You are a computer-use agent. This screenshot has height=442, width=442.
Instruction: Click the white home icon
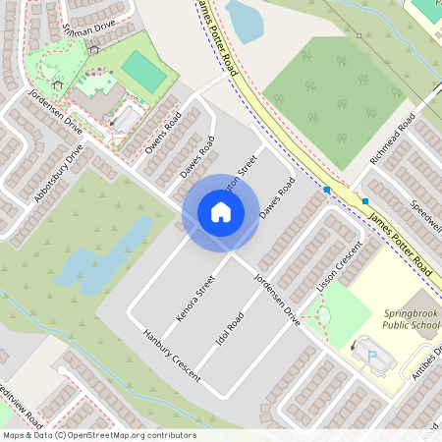click(x=221, y=211)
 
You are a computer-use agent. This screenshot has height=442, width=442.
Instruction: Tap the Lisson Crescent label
click(x=340, y=266)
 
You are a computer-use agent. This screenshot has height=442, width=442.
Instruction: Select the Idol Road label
click(x=228, y=333)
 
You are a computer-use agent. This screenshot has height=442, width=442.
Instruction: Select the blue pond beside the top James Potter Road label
click(x=244, y=20)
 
